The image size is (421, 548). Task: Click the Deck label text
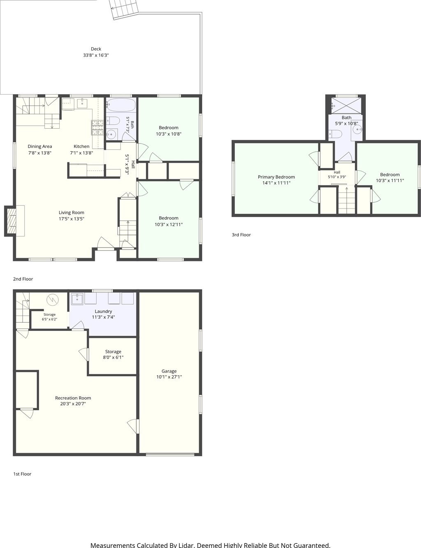pyautogui.click(x=96, y=49)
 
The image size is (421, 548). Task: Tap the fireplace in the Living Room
pyautogui.click(x=12, y=221)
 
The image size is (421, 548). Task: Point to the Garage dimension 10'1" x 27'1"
pyautogui.click(x=169, y=377)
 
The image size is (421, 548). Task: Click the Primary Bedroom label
pyautogui.click(x=276, y=177)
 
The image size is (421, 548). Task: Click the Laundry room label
pyautogui.click(x=103, y=312)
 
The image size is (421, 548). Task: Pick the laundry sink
pyautogui.click(x=77, y=299)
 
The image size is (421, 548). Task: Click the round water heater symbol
pyautogui.click(x=53, y=300)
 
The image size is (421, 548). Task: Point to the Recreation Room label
pyautogui.click(x=73, y=398)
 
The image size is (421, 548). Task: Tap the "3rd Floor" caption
pyautogui.click(x=241, y=235)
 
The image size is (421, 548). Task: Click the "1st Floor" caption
pyautogui.click(x=22, y=474)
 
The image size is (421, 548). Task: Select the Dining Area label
pyautogui.click(x=40, y=146)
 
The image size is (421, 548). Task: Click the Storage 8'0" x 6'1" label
pyautogui.click(x=113, y=354)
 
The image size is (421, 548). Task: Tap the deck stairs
pyautogui.click(x=125, y=9)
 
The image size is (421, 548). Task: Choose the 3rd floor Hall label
pyautogui.click(x=337, y=172)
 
